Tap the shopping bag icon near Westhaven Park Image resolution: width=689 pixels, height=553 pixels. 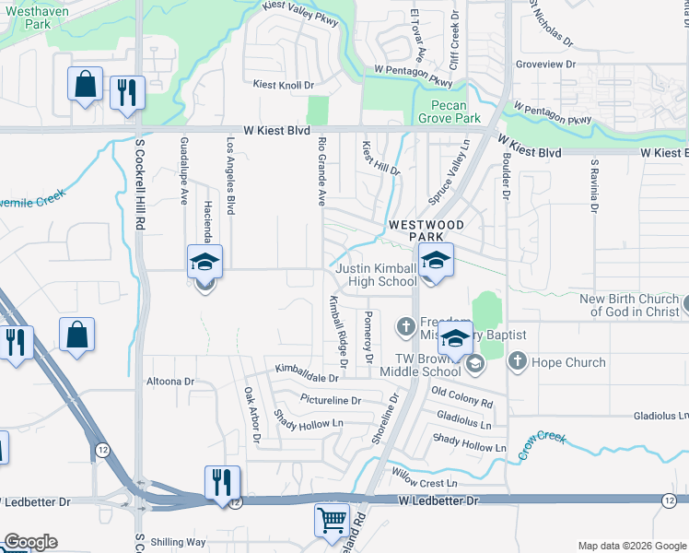pyautogui.click(x=85, y=85)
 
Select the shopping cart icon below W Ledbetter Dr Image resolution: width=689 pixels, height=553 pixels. pyautogui.click(x=332, y=520)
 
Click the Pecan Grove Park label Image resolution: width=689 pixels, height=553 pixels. pyautogui.click(x=450, y=112)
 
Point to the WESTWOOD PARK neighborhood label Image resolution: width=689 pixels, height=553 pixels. pyautogui.click(x=424, y=230)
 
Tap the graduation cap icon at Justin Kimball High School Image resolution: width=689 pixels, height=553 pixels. pyautogui.click(x=436, y=260)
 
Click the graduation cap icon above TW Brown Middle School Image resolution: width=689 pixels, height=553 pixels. pyautogui.click(x=455, y=338)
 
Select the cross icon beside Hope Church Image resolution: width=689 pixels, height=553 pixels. pyautogui.click(x=517, y=361)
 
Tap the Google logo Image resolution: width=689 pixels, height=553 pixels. pyautogui.click(x=29, y=542)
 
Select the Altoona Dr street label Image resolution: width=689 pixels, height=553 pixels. pyautogui.click(x=170, y=381)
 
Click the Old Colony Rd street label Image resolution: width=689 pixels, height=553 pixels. pyautogui.click(x=461, y=397)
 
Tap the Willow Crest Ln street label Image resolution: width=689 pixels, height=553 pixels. pyautogui.click(x=425, y=482)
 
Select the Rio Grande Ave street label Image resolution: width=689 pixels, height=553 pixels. pyautogui.click(x=321, y=171)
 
